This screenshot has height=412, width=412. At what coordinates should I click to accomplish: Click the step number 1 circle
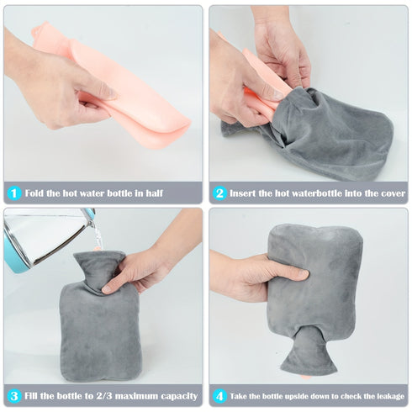(x=14, y=193)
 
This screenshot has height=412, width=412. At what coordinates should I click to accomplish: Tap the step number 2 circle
(x=219, y=193)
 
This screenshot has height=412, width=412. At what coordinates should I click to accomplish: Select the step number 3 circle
(x=14, y=396)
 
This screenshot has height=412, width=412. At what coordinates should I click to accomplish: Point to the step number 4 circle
(x=219, y=396)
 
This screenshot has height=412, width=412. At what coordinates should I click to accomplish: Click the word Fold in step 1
(x=34, y=193)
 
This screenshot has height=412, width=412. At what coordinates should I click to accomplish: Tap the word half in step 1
(x=155, y=193)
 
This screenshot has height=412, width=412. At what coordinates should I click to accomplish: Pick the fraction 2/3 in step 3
(x=104, y=396)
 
